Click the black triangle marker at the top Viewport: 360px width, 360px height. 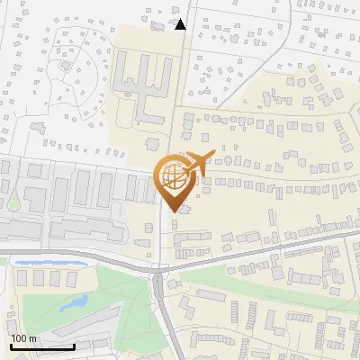181,24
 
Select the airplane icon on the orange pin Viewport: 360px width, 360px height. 195,163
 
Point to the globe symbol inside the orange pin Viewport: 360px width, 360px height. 171,175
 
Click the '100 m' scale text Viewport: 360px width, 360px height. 24,338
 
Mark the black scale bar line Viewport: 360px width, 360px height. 41,346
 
